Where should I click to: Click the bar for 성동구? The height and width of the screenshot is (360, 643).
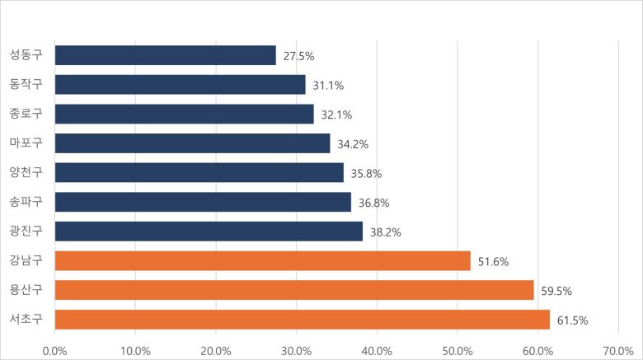click(165, 55)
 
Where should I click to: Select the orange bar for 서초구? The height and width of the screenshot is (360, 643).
click(302, 320)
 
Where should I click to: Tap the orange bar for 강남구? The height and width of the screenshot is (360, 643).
click(262, 261)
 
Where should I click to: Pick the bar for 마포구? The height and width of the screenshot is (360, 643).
click(192, 143)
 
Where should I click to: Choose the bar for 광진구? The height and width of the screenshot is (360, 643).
click(209, 231)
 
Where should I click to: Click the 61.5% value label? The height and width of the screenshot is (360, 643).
click(571, 320)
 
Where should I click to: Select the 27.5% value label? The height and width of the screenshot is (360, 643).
click(298, 56)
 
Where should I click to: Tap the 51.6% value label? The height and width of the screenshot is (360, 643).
click(492, 262)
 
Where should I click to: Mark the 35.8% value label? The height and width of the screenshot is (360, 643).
click(365, 174)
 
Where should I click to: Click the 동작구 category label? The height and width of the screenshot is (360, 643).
click(26, 84)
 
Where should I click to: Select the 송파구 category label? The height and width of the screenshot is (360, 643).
click(26, 202)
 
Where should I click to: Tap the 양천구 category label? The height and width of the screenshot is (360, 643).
click(26, 172)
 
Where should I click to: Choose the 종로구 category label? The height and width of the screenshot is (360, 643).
click(26, 114)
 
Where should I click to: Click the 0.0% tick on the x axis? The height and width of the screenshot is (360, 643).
click(55, 350)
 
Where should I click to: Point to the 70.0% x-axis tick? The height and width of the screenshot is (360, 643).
click(617, 350)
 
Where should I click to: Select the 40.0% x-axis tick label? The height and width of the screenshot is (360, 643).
click(377, 350)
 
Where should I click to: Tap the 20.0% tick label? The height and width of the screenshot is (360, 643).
click(216, 350)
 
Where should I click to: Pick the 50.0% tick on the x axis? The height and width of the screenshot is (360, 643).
click(457, 350)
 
